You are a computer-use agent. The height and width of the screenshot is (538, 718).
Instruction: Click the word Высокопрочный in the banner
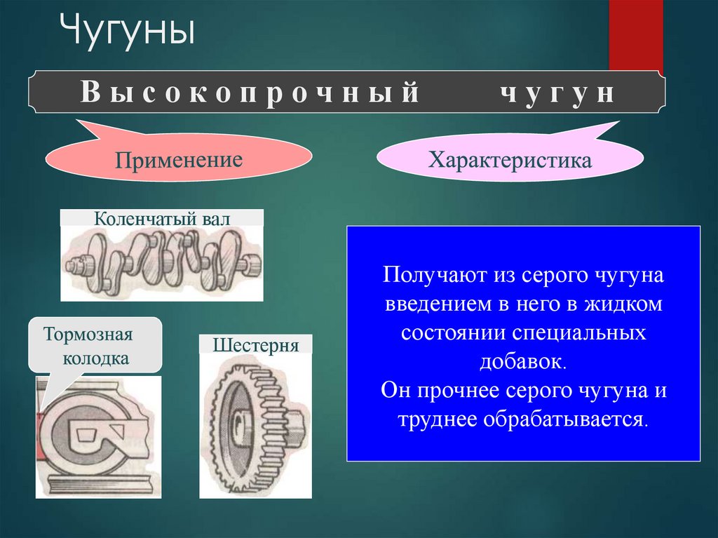[250, 92]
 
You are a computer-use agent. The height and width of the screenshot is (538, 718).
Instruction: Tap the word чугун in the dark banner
[557, 93]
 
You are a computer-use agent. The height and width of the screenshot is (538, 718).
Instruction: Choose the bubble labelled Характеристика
[510, 158]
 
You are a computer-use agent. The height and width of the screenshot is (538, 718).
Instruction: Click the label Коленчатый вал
[162, 219]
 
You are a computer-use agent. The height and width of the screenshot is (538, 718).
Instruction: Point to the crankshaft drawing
[162, 264]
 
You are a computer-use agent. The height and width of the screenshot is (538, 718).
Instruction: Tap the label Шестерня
[255, 345]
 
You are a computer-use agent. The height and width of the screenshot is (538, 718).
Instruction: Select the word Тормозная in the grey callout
[88, 334]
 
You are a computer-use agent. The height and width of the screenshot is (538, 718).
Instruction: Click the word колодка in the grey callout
[95, 358]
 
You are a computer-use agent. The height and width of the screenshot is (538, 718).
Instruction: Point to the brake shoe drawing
[98, 438]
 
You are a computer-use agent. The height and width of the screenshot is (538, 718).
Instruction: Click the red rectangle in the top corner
[635, 35]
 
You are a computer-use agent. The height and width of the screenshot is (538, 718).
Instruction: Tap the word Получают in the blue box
[434, 275]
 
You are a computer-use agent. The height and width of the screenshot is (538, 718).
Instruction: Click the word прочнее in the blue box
[458, 391]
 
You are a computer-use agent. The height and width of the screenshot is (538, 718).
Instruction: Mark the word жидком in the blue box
[623, 304]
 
